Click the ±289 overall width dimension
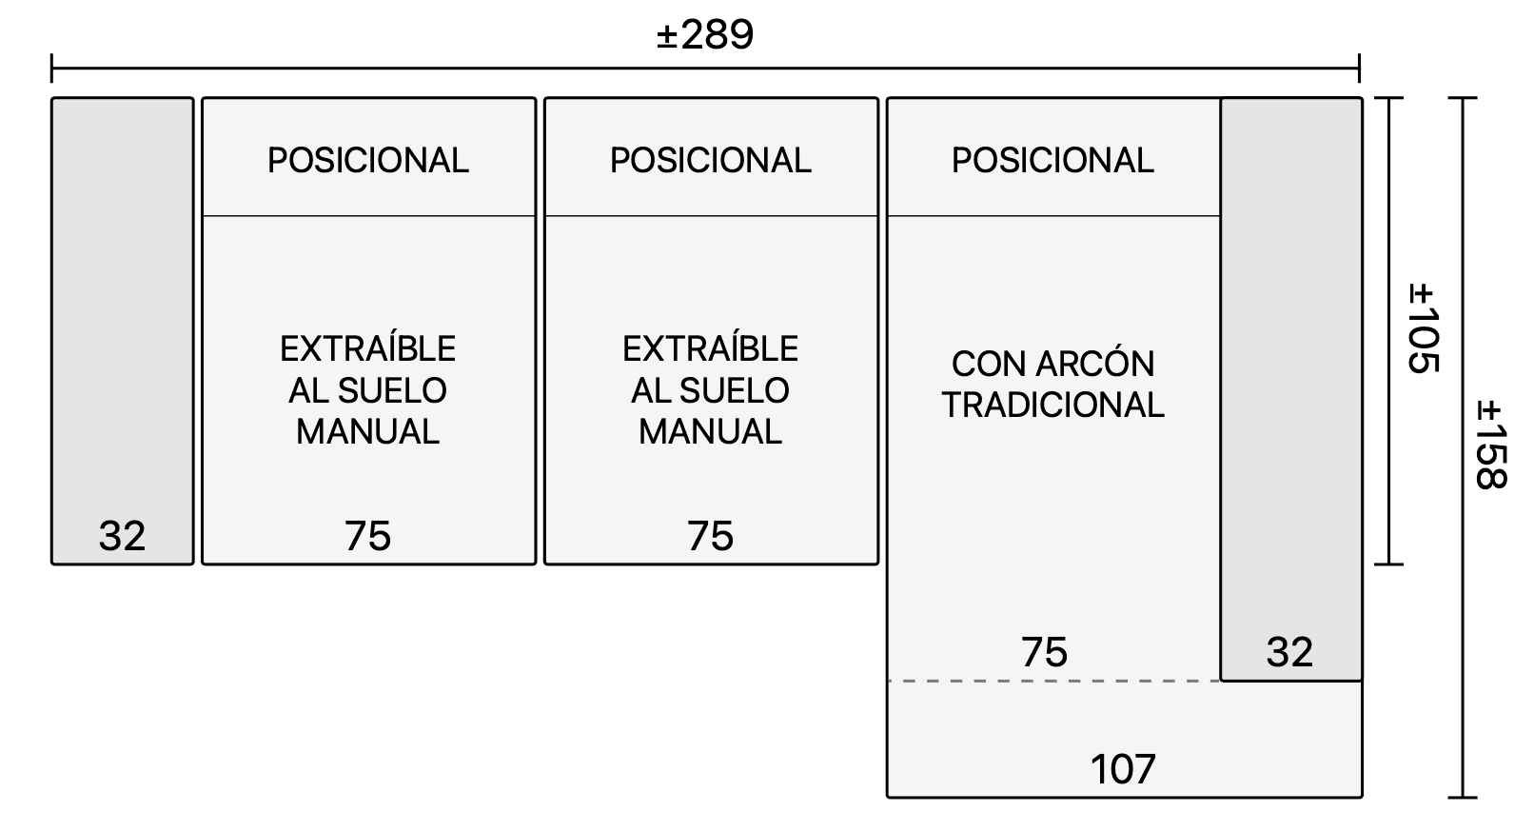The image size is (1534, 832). tap(705, 34)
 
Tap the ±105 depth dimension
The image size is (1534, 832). tap(1423, 328)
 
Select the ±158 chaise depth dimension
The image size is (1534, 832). tap(1491, 445)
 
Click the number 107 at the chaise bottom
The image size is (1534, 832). tap(1123, 769)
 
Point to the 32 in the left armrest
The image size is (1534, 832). tap(123, 536)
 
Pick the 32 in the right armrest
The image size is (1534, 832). tap(1290, 652)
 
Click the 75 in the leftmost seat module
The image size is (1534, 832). tap(367, 536)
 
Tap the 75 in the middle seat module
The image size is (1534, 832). tap(710, 536)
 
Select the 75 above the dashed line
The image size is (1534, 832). tap(1044, 652)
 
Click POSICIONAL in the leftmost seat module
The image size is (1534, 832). tap(367, 161)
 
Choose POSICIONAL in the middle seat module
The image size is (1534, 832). tap(710, 161)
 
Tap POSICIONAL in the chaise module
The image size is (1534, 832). tap(1052, 161)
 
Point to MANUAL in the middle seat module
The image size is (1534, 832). tap(710, 432)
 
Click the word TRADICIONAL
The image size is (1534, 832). tap(1052, 405)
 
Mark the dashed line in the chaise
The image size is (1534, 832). tap(1054, 682)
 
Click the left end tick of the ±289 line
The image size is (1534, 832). tap(52, 69)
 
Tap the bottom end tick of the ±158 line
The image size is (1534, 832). tap(1463, 797)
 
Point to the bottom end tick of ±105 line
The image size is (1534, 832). tap(1388, 565)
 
